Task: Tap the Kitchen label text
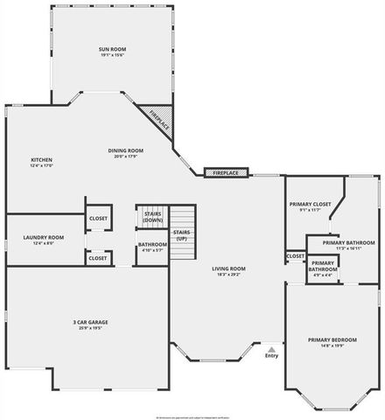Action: (x=41, y=159)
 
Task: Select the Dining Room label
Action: (x=126, y=150)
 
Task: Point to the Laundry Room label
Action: (x=44, y=237)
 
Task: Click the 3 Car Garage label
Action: (x=91, y=322)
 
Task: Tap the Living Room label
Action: (x=232, y=269)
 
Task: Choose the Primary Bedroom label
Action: (x=332, y=339)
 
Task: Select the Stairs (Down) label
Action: (x=153, y=217)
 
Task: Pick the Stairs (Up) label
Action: (x=182, y=234)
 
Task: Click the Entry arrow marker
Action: (x=271, y=348)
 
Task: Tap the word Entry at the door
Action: (x=271, y=355)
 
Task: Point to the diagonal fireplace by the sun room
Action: (x=158, y=119)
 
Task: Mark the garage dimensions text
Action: (x=91, y=329)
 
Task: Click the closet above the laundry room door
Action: (x=98, y=218)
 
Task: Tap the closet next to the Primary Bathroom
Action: (x=296, y=256)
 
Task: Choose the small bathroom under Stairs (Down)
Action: (x=153, y=246)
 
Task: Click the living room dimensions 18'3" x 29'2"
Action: (x=232, y=276)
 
